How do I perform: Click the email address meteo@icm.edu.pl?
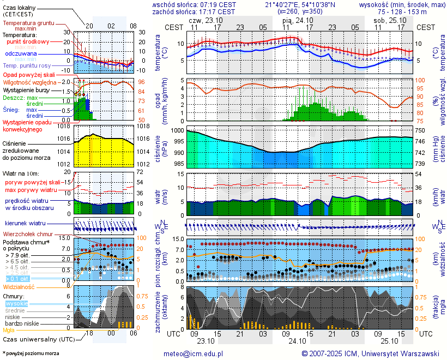tap(194, 353)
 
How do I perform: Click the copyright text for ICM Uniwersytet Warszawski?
tap(371, 353)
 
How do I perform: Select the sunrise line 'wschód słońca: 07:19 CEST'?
tap(194, 4)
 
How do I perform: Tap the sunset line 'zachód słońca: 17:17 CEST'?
tap(194, 11)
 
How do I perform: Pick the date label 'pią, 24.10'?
tap(298, 20)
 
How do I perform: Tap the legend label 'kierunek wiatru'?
tap(25, 224)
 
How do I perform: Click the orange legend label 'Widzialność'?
tap(19, 286)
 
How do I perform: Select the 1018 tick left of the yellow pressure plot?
tap(64, 126)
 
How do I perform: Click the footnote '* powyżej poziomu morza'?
tap(31, 353)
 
